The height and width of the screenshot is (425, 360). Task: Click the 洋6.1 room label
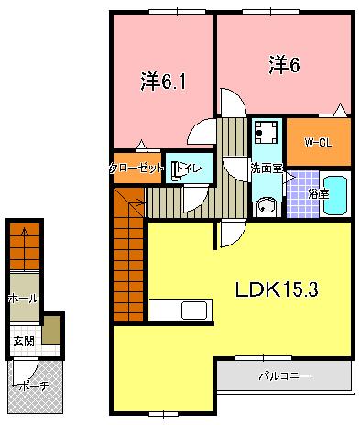[x=164, y=82]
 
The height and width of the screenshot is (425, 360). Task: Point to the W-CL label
[x=318, y=141]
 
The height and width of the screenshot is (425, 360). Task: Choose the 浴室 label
[x=319, y=194]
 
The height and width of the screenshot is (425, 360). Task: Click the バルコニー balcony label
[x=285, y=376]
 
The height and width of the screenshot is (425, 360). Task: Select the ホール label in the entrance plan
[x=23, y=299]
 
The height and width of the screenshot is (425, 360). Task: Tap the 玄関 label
[x=22, y=342]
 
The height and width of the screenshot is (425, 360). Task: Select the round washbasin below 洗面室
[x=266, y=206]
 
